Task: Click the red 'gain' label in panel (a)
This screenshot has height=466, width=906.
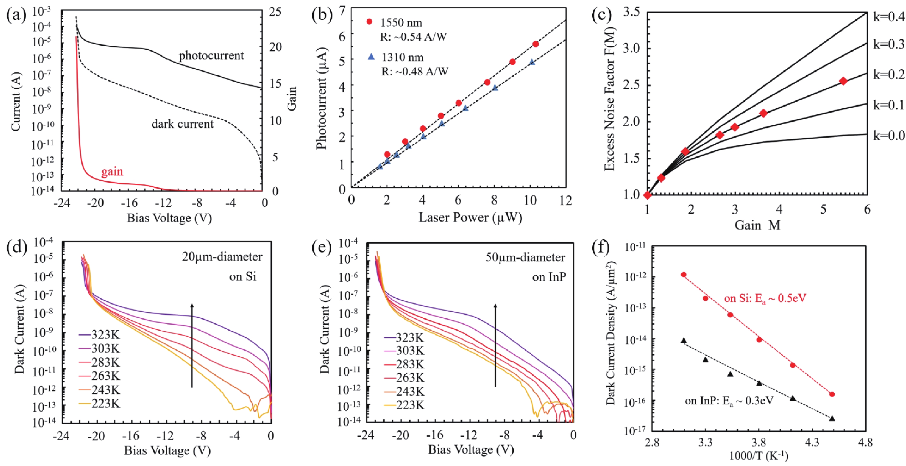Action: [112, 172]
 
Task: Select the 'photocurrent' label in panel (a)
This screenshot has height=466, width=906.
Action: [211, 55]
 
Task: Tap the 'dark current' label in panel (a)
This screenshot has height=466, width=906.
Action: [183, 124]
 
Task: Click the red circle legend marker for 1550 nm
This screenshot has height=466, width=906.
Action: [369, 22]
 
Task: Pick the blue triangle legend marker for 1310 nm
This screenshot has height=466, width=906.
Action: [371, 56]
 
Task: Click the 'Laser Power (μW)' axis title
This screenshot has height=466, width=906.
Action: [470, 218]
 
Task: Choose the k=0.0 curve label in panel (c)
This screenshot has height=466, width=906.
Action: [889, 135]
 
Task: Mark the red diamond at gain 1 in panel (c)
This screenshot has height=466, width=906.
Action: [647, 195]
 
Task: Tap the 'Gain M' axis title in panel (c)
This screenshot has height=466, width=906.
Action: [757, 225]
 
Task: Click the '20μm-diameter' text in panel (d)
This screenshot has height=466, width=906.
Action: [222, 257]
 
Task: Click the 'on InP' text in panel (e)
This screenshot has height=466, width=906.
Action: [549, 277]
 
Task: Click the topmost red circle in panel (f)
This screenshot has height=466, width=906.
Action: [684, 274]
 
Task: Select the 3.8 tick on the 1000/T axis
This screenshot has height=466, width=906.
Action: [759, 442]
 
